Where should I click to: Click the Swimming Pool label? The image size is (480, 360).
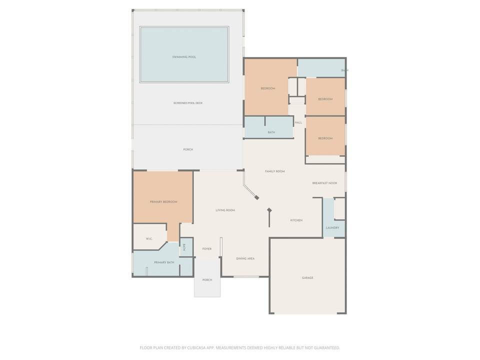184,57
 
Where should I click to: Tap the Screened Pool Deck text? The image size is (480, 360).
188,103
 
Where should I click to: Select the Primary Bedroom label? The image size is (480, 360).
163,202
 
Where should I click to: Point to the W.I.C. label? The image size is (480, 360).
149,239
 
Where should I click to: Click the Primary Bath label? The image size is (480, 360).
164,262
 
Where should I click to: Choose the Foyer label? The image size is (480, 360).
207,249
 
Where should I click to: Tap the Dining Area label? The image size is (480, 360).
245,258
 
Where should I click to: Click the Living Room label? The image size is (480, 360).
225,210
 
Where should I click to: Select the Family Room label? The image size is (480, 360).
274,171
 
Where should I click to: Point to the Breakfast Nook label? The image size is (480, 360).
325,183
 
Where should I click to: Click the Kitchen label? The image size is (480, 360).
296,220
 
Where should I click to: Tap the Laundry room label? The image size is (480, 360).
332,228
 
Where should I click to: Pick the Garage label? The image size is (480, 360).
307,278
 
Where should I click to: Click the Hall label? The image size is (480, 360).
298,122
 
